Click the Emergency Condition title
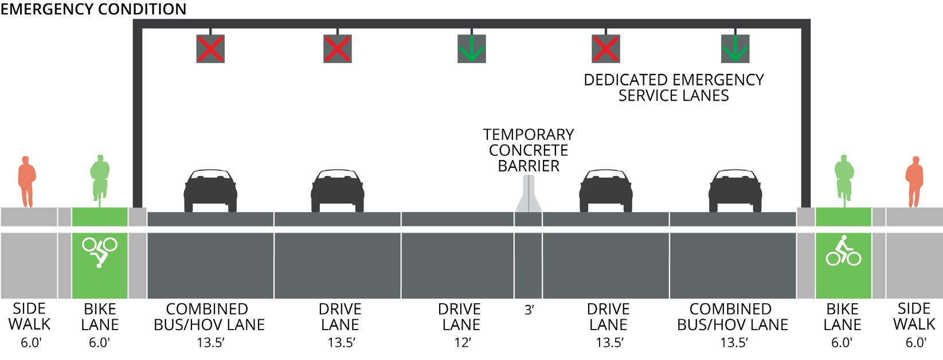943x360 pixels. (94, 9)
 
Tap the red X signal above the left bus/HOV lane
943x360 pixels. (210, 49)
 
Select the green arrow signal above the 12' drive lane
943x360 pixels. (471, 49)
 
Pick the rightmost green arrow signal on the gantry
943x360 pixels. (735, 49)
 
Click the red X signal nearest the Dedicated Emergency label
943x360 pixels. (606, 49)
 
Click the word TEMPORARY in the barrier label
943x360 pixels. (528, 135)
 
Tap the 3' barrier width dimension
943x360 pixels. (529, 310)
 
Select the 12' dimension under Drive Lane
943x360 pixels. (461, 343)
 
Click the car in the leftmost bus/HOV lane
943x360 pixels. (210, 191)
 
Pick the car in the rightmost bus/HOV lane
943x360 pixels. (735, 191)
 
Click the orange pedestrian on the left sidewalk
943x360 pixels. (26, 181)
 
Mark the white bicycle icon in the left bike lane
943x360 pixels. (100, 252)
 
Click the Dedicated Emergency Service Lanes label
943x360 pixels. (674, 88)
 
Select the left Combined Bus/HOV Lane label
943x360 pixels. (209, 317)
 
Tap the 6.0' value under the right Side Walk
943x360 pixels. (914, 343)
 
